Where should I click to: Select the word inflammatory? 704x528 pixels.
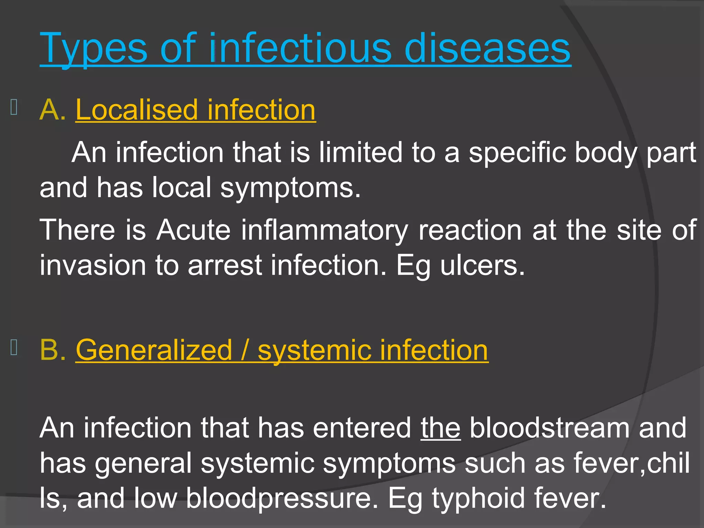tap(324, 230)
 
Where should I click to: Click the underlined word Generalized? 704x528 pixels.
tap(154, 350)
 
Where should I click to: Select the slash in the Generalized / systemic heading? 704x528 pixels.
tap(245, 350)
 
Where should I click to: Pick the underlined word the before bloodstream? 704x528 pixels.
tap(440, 428)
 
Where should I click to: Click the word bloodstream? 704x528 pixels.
tap(549, 428)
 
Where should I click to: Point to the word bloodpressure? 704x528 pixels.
tap(282, 498)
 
